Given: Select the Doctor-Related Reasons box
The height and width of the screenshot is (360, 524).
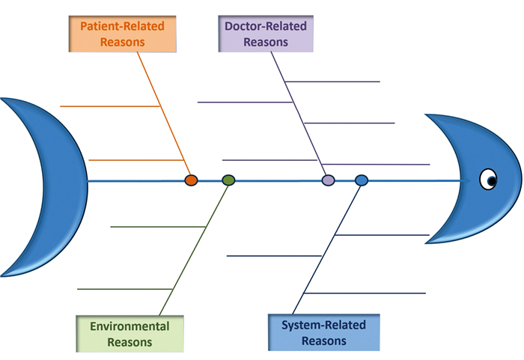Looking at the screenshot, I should pos(266,33).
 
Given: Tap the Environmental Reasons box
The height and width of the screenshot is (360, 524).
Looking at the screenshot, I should pos(130,334).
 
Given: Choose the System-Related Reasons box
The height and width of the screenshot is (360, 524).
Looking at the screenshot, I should pos(323,333).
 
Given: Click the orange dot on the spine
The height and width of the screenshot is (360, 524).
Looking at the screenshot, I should pos(191,180).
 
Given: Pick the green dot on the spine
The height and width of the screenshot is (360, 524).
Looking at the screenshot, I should pos(228,180).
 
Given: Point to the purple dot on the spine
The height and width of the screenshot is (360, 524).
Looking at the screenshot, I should pos(328,180).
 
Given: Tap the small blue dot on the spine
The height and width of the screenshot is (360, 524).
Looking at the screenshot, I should pos(362,180).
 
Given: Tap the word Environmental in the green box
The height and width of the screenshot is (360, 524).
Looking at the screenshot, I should pos(130,326).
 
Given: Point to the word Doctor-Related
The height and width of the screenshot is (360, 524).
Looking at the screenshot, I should pos(266,25).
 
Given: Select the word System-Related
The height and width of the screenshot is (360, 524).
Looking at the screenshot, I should pos(323,325).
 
